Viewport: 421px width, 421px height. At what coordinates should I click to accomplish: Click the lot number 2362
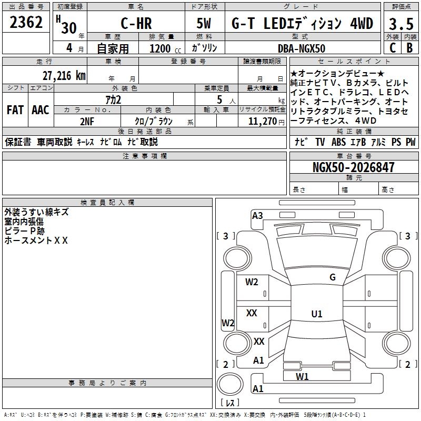click(x=26, y=22)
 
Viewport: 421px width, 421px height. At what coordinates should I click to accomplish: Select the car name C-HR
click(x=136, y=23)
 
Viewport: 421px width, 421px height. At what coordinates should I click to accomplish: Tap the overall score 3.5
click(x=401, y=24)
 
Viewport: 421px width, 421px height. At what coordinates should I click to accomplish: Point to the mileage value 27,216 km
click(x=64, y=76)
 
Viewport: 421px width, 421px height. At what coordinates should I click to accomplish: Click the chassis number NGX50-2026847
click(x=354, y=167)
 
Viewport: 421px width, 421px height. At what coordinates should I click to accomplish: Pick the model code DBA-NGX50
click(x=302, y=48)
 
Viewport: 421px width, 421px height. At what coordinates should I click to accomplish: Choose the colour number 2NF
click(x=87, y=122)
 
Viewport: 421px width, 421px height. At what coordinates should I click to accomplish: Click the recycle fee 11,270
click(x=262, y=122)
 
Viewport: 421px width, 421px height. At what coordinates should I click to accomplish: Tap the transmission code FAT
click(x=15, y=110)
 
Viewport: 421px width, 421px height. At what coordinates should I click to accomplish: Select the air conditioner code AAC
click(x=41, y=110)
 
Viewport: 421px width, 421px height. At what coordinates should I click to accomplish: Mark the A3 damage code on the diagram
click(x=257, y=216)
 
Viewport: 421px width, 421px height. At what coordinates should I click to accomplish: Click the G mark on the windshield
click(x=333, y=277)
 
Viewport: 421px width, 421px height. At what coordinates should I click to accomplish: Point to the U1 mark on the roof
click(x=317, y=314)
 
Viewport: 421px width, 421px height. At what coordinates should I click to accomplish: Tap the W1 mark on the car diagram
click(x=302, y=377)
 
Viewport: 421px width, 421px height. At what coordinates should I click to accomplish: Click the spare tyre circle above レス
click(x=230, y=384)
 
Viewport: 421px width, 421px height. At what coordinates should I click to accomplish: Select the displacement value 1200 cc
click(x=165, y=48)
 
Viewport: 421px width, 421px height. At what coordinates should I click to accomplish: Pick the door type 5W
click(x=204, y=23)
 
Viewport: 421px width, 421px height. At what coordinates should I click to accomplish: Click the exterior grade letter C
click(x=393, y=48)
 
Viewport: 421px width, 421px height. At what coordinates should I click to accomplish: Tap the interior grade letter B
click(x=409, y=48)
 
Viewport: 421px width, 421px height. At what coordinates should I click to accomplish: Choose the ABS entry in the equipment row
click(x=338, y=142)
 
